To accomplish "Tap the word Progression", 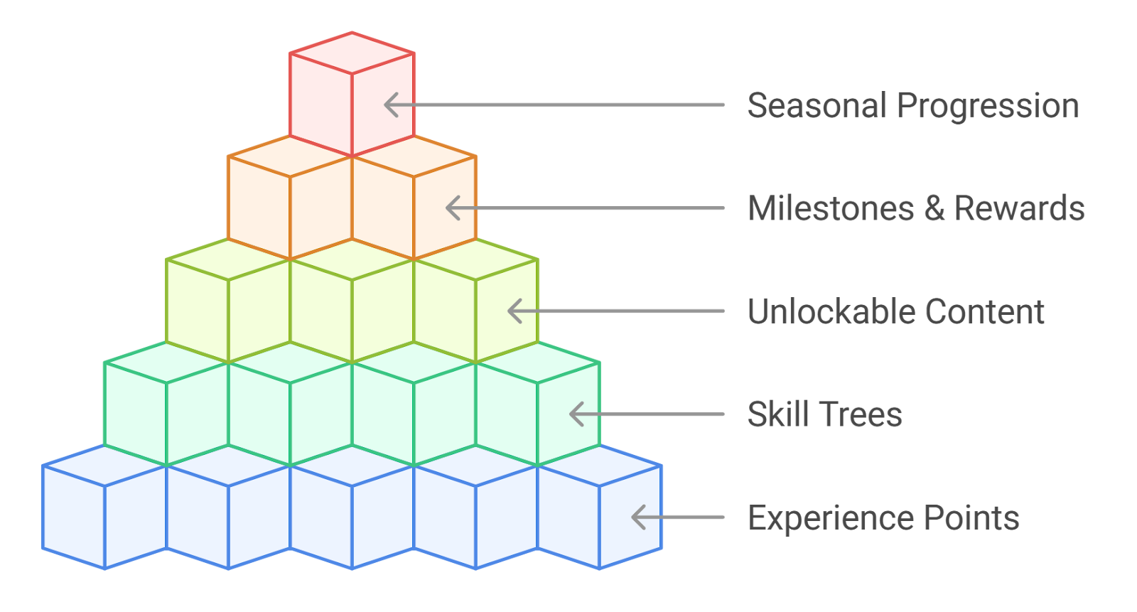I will [x=988, y=106].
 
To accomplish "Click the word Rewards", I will [x=1019, y=209].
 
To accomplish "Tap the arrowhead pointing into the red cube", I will [x=389, y=105].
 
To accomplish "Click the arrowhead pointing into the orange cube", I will [x=451, y=208].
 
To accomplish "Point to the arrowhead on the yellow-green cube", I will [x=513, y=311].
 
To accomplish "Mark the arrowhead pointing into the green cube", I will [x=575, y=414].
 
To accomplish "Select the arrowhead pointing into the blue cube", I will [x=637, y=517].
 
